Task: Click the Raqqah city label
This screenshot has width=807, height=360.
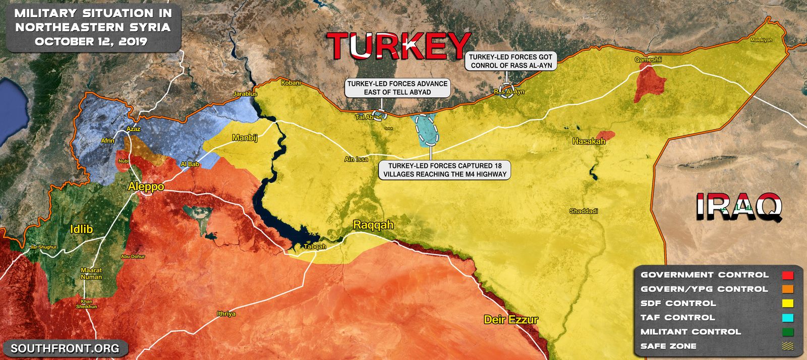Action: coord(373,225)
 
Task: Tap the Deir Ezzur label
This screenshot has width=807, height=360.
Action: coord(511,319)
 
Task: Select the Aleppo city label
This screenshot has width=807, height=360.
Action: coord(146,187)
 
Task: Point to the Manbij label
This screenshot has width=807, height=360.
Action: coord(245,138)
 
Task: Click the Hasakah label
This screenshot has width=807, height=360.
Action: coord(589,141)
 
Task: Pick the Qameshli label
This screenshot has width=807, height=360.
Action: coord(648,59)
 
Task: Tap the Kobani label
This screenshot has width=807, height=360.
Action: coord(291,83)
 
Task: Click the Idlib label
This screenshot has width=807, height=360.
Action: coord(81,229)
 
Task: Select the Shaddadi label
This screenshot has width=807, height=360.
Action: coord(584,211)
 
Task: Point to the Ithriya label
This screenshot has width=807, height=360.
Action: coord(226,314)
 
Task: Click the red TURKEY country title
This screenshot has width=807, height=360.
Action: coord(398,46)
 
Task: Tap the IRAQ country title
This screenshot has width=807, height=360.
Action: coord(739,206)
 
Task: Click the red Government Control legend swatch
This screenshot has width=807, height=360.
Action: coord(788,275)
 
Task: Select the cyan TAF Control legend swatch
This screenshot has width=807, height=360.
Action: coord(788,318)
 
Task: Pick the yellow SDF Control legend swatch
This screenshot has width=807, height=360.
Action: coord(788,304)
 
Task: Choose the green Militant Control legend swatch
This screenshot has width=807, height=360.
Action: coord(788,332)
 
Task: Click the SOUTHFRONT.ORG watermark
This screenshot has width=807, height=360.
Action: coord(65,348)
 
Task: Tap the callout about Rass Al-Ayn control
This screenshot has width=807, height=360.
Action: coord(511,61)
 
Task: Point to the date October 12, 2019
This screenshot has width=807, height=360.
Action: coord(91,41)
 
